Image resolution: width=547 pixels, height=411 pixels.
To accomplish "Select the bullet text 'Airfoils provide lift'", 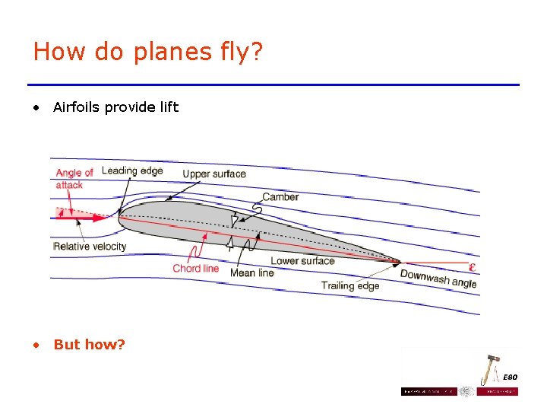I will [x=115, y=107].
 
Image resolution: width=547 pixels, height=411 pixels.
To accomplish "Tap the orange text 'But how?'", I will [x=89, y=345].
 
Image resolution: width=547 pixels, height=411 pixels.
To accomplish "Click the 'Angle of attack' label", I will [x=74, y=179].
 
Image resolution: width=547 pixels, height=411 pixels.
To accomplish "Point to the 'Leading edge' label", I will [x=132, y=170].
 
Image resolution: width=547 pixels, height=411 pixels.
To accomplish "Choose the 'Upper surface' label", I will [x=214, y=174].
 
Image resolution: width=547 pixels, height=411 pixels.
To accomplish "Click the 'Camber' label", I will [x=280, y=197].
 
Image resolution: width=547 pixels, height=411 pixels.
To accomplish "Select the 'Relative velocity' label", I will [x=90, y=246].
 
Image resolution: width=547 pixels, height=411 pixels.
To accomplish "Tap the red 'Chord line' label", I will [x=195, y=268].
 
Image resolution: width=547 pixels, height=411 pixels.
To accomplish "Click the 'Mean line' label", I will [x=251, y=272].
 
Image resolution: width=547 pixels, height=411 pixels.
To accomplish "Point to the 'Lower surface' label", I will [x=302, y=260].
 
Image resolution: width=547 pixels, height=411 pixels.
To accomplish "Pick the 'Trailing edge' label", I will [x=349, y=285].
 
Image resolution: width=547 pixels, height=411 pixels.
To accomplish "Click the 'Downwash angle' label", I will [x=438, y=279].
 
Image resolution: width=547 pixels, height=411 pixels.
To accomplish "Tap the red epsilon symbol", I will [x=473, y=267].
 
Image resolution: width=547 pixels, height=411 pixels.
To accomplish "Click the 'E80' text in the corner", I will [x=509, y=378].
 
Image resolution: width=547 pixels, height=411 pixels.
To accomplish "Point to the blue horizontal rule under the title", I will [x=273, y=84].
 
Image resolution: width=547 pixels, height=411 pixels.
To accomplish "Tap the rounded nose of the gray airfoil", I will [x=122, y=215].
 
